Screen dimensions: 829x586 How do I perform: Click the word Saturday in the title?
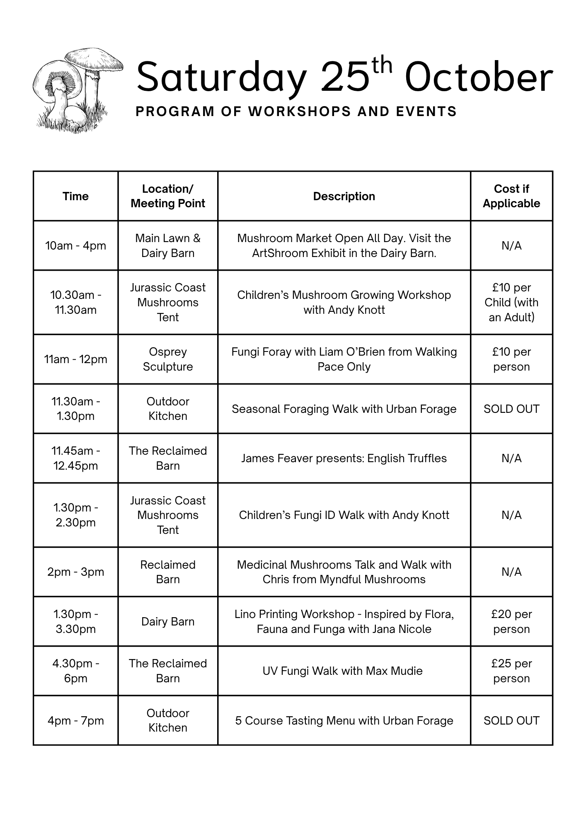[221, 78]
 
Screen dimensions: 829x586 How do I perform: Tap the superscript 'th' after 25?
[382, 66]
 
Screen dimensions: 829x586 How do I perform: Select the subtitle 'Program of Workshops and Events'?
[296, 112]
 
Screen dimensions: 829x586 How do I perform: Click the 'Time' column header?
[75, 196]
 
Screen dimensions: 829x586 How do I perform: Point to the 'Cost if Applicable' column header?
[511, 196]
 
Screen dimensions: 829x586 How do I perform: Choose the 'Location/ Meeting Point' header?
[168, 196]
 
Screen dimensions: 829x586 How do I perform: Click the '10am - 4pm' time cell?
[75, 246]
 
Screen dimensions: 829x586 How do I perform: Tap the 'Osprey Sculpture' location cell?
[168, 359]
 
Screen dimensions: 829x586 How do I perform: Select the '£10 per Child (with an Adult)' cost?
[511, 302]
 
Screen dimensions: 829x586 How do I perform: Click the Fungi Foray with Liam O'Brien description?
[344, 359]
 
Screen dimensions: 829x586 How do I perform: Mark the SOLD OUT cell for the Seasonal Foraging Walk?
[511, 409]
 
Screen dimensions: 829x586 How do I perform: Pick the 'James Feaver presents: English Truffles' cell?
[344, 458]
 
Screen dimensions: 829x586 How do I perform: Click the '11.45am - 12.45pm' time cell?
[75, 458]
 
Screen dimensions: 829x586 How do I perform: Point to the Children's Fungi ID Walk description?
[344, 515]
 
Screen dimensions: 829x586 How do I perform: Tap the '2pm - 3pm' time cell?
[75, 572]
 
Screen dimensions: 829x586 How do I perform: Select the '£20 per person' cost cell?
[511, 621]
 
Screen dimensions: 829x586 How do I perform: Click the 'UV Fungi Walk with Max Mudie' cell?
[342, 671]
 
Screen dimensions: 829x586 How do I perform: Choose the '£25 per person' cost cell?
[511, 671]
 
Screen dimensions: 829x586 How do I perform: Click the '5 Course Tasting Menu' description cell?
[344, 720]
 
